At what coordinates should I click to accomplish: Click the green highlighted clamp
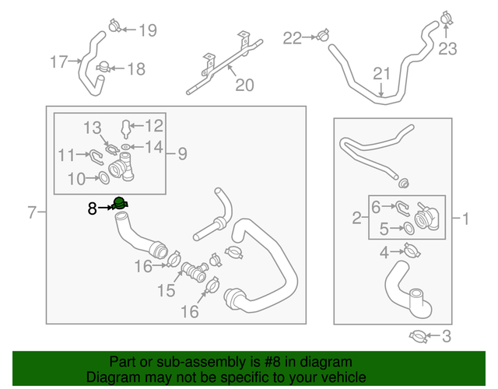click(x=120, y=205)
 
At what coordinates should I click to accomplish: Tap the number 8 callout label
click(x=92, y=209)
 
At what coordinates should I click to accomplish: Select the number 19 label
click(x=146, y=31)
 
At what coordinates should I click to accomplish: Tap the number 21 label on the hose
click(x=381, y=74)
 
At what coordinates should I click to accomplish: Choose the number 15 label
click(x=167, y=290)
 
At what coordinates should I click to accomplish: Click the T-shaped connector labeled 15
click(x=192, y=272)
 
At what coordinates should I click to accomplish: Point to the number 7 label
click(x=32, y=212)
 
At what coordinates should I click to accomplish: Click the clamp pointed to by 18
click(x=104, y=69)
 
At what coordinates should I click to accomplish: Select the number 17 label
click(x=59, y=62)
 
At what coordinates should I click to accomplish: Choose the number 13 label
click(x=93, y=127)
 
